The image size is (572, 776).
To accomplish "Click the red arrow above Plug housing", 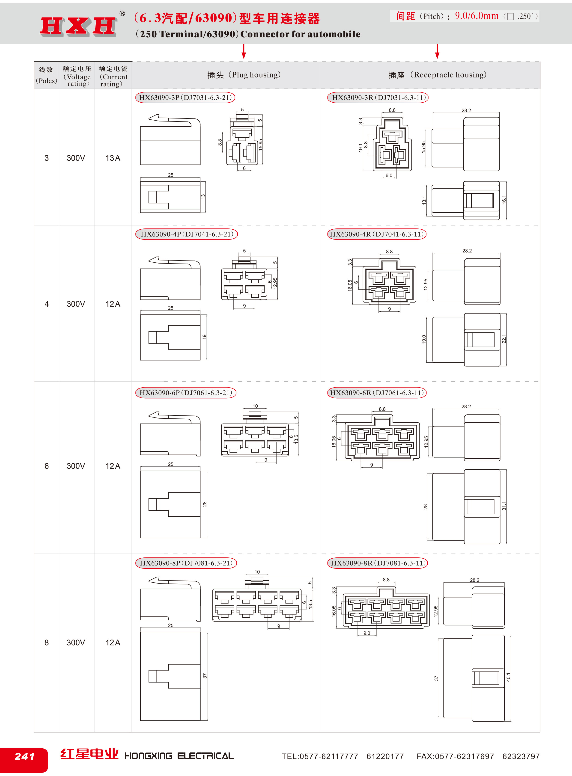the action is (244, 52).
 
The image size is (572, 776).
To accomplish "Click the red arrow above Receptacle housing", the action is (437, 52).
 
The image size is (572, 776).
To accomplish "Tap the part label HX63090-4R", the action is (350, 234).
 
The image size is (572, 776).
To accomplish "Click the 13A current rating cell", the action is (113, 158).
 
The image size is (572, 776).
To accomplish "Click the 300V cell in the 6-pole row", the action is (76, 466).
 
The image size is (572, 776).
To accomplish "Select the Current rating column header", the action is (113, 76).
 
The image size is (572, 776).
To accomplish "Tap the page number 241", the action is (25, 756).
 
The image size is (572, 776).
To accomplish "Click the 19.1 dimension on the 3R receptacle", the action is (360, 148).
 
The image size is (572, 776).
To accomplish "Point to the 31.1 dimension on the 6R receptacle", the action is (504, 506).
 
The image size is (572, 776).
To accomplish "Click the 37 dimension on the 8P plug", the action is (205, 676).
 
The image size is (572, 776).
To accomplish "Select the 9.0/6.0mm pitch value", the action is (477, 16).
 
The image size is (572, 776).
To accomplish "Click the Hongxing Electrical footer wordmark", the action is (179, 756).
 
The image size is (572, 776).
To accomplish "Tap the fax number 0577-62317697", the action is (455, 756).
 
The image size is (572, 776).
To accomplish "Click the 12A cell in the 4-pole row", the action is (113, 304).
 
